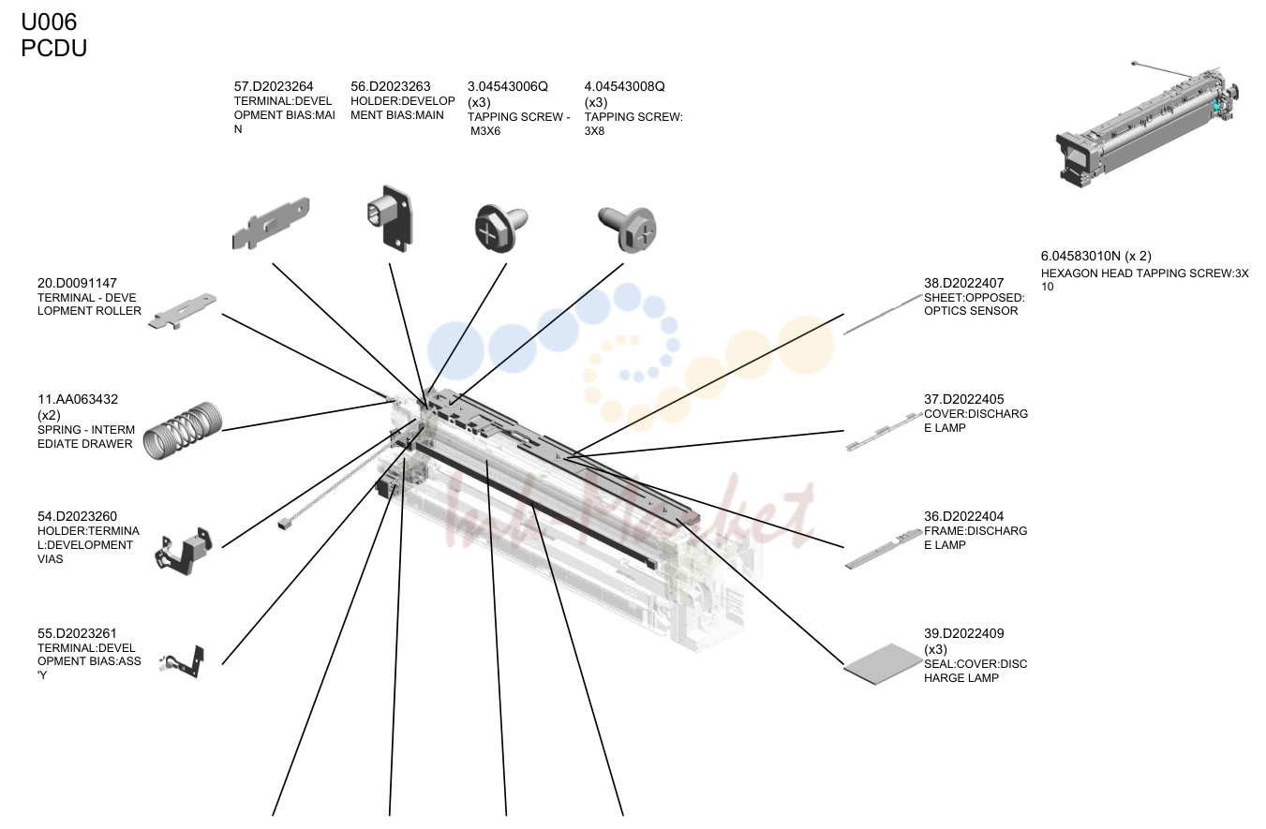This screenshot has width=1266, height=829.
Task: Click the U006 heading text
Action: tap(49, 22)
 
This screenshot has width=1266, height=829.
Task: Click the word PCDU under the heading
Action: tap(53, 48)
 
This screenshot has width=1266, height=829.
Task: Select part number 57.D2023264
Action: tap(274, 86)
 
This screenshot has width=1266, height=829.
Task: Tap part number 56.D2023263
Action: tap(391, 86)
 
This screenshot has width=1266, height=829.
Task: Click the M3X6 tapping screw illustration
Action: tap(500, 228)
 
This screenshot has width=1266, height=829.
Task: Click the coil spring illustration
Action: tap(183, 431)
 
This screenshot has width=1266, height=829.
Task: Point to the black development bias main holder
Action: tap(390, 218)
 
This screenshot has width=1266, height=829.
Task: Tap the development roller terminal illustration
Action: tap(182, 311)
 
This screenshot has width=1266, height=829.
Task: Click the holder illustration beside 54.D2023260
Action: tap(183, 552)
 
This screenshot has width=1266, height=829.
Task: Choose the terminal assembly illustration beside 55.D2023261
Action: tap(183, 662)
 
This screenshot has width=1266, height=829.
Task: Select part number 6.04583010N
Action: tap(1080, 256)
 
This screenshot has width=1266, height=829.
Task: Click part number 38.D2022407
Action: tap(963, 283)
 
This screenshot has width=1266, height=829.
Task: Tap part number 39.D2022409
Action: tap(963, 633)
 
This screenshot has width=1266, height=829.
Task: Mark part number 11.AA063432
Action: tap(78, 400)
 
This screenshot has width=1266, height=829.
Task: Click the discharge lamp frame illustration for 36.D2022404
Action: tap(884, 549)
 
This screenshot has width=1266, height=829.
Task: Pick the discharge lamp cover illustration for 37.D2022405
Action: tap(884, 432)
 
